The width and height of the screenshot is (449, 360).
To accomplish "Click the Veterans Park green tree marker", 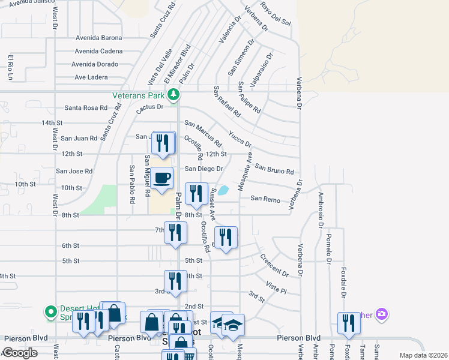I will [x=173, y=94].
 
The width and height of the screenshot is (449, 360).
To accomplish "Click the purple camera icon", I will [x=382, y=314].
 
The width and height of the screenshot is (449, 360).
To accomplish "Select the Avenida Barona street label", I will [x=98, y=37].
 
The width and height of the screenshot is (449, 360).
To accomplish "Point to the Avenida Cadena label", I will [x=98, y=51].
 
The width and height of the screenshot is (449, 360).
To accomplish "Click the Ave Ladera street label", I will [x=91, y=77].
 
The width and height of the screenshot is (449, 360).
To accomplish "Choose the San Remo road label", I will [x=265, y=198].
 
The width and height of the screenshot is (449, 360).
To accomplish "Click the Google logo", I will [x=20, y=353].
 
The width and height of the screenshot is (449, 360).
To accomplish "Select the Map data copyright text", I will [x=423, y=355].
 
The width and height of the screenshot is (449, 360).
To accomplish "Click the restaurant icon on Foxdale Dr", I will [x=348, y=323].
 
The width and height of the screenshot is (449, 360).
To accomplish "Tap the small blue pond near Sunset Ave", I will [x=223, y=191].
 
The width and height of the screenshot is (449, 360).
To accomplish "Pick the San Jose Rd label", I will [x=74, y=171].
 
